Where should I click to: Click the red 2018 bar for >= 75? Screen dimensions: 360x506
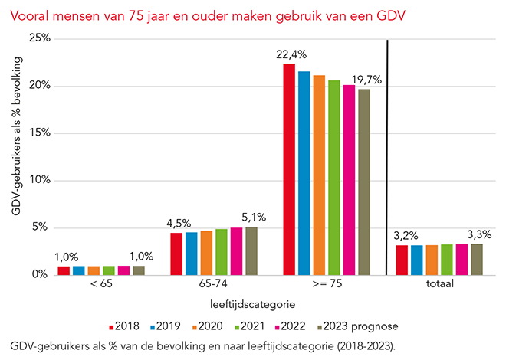289,169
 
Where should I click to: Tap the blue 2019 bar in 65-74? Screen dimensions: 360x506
192,253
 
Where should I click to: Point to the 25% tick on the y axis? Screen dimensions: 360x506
38,38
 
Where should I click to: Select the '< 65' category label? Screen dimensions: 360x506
100,285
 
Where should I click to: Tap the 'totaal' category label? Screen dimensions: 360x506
440,285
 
